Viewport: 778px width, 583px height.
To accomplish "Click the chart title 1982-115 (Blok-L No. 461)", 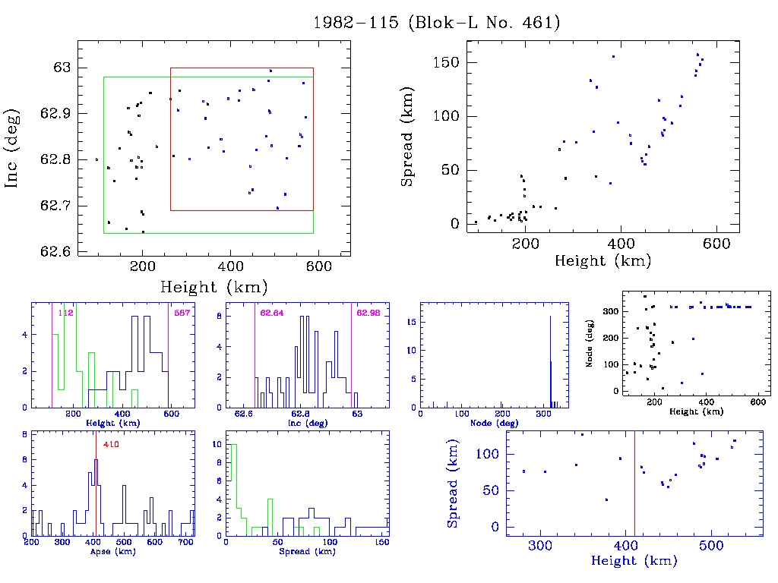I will coord(437,23).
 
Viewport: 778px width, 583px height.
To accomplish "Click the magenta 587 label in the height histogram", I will coord(182,312).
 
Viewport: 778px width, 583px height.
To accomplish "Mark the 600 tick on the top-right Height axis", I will coord(716,244).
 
